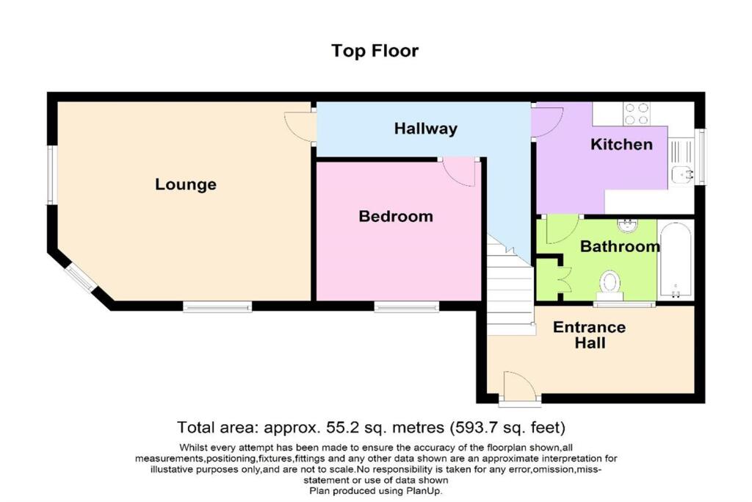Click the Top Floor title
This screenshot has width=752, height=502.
pos(375,51)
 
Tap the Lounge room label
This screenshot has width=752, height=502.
pos(186,184)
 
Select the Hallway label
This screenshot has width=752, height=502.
pos(425,129)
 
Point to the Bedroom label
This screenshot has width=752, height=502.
pos(395,216)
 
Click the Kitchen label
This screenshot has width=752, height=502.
pos(621,144)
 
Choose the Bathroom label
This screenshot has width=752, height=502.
pos(620,246)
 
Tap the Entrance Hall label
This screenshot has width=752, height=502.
pos(589,334)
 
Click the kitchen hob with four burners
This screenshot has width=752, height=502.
pos(636,113)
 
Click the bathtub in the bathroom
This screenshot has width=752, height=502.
pos(675,260)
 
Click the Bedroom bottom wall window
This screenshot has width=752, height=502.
pos(406,306)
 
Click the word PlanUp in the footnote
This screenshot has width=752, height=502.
pos(424,491)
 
